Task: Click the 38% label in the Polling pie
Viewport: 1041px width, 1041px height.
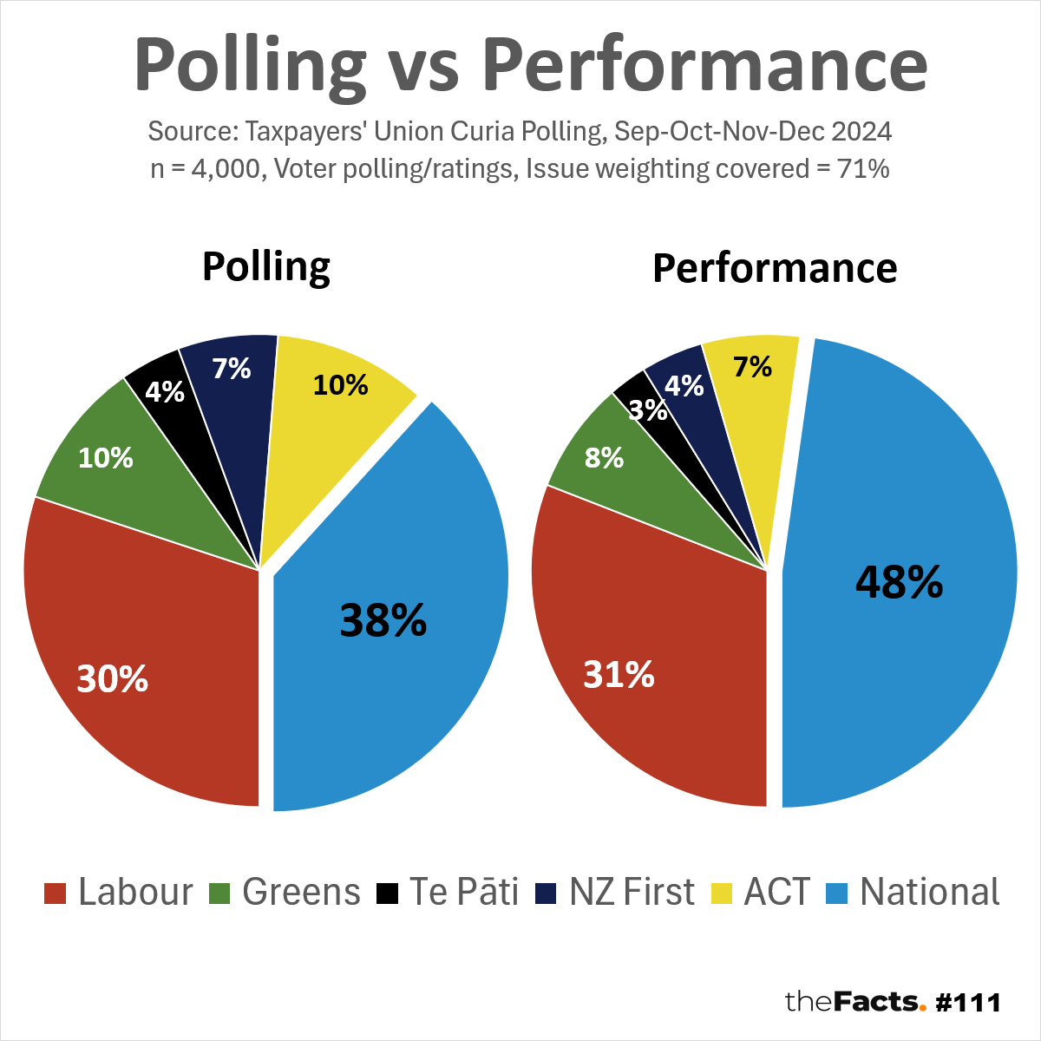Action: tap(383, 620)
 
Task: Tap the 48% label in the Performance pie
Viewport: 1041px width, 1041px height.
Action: tap(899, 581)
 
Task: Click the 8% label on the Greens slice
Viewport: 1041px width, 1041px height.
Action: tap(604, 457)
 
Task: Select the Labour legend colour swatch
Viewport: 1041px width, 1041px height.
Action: tap(55, 893)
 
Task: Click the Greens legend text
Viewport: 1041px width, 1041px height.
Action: tap(301, 892)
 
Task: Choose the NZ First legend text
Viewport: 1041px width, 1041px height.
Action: tap(632, 892)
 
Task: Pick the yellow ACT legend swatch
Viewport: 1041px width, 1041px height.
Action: tap(721, 893)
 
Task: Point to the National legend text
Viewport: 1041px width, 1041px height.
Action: tap(930, 892)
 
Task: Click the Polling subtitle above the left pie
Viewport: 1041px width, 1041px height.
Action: tap(266, 266)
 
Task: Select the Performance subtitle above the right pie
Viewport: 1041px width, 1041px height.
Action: tap(775, 268)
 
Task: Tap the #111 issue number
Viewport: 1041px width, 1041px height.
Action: tap(969, 1003)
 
